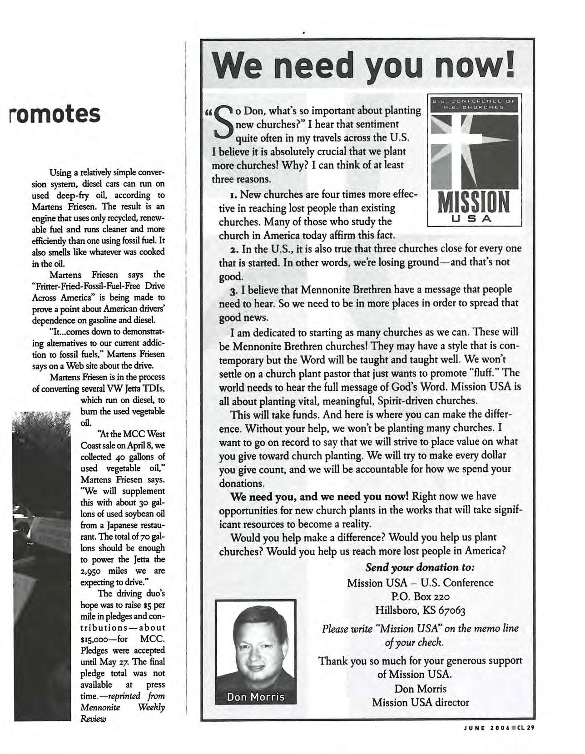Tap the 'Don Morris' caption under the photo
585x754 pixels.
(x=256, y=696)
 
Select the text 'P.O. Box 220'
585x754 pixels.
(x=420, y=596)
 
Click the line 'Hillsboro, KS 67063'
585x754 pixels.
(x=420, y=610)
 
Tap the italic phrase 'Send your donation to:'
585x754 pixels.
(x=420, y=567)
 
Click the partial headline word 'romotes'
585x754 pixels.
(x=55, y=113)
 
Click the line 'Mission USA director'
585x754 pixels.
(x=420, y=702)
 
